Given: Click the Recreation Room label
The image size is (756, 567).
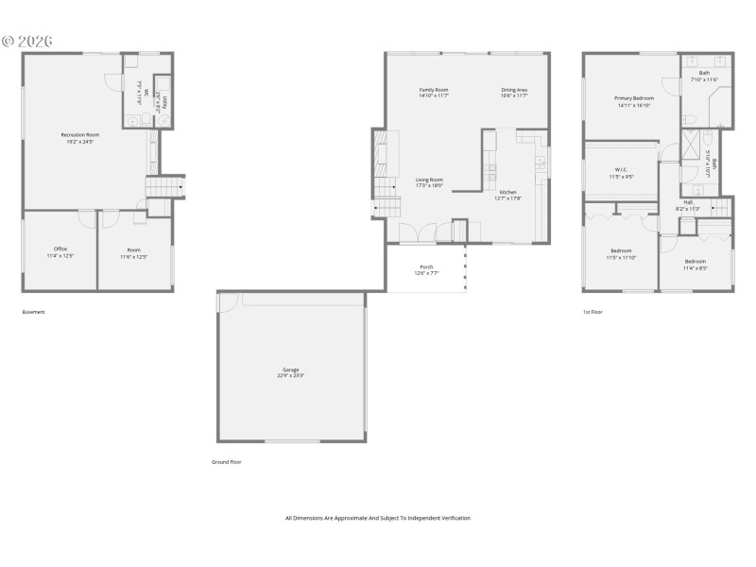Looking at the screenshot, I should coord(80,134).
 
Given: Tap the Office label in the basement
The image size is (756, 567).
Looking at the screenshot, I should coord(60,249).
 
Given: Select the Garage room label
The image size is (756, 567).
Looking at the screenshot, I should coord(290,369).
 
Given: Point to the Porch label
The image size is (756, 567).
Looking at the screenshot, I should coord(426,266).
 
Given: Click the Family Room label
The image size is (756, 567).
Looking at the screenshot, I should coord(434,90).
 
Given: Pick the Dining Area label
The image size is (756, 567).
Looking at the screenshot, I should coord(514,90).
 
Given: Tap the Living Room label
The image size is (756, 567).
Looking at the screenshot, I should coord(430,180).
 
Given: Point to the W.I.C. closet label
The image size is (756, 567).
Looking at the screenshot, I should coord(621,170).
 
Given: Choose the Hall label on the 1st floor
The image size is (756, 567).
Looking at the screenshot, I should coord(688,202).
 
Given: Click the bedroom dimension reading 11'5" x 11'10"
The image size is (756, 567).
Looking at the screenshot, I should coord(621,257).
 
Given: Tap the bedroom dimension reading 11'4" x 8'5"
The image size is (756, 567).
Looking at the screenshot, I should coord(695,267).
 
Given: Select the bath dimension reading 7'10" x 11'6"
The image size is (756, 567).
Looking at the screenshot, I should coord(704,79).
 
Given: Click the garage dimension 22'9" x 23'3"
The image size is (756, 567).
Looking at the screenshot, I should coord(290,376).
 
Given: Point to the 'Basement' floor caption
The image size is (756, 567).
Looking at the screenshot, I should coord(33,312).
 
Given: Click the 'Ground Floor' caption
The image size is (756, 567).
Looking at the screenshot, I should coord(227,462).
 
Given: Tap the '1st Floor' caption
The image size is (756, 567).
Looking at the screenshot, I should coord(593,312).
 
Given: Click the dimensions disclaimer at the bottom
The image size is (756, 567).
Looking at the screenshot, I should coord(378,518).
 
